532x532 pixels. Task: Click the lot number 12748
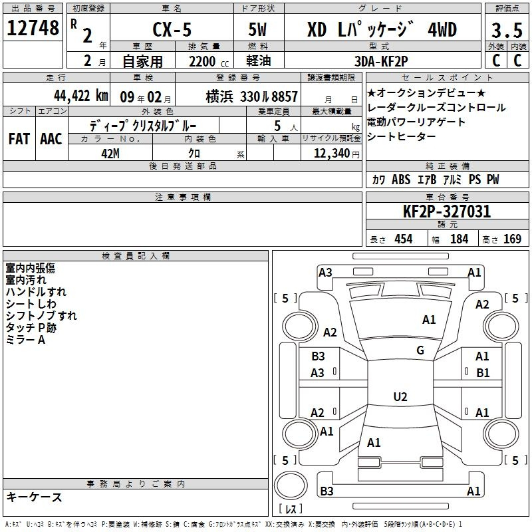(x=33, y=28)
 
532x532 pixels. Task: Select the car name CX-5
(x=172, y=29)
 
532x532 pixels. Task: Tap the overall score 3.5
(x=507, y=30)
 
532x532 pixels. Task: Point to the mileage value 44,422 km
(x=80, y=96)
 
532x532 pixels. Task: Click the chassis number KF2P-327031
(x=447, y=211)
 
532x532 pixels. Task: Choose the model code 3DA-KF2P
(x=381, y=61)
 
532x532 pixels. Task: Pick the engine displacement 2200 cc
(x=209, y=61)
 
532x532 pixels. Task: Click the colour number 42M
(x=110, y=154)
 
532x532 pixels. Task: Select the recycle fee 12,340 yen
(x=336, y=154)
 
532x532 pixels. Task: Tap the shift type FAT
(x=19, y=139)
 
